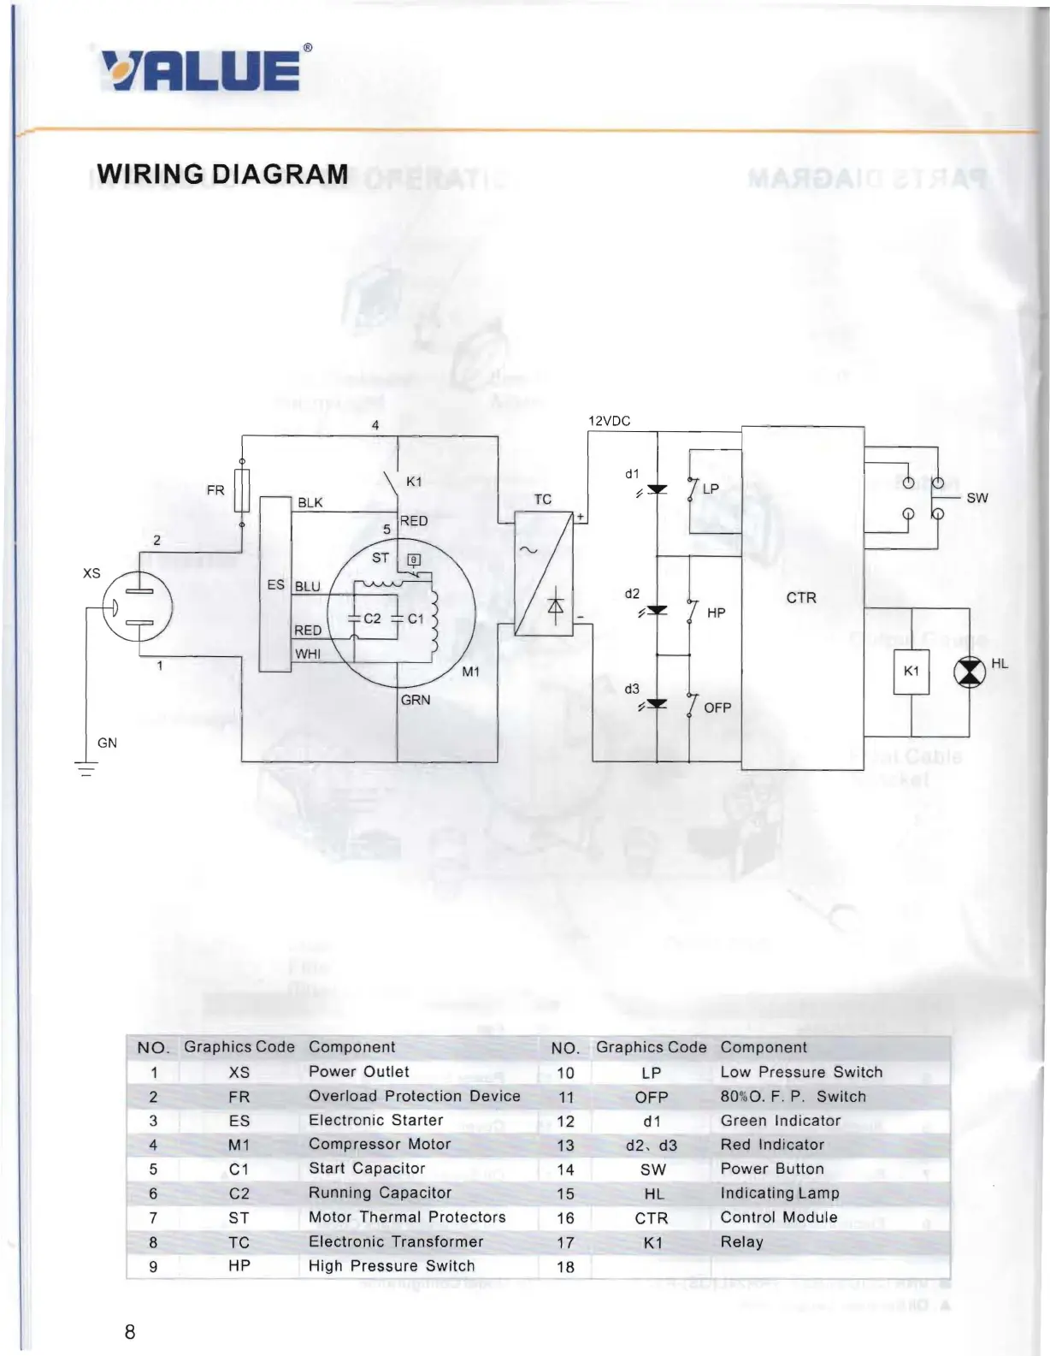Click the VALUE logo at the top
201,70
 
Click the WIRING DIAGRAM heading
222,175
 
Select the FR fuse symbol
242,490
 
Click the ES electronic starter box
275,584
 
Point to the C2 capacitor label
372,619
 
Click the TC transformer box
544,573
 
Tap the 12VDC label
609,421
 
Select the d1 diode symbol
657,490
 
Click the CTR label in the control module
801,598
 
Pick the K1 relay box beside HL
911,672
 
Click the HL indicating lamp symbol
969,672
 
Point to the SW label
977,498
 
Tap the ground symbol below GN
86,768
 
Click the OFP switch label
717,708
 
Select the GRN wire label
416,700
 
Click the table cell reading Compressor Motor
380,1145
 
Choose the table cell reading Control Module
779,1217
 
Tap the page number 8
130,1331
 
